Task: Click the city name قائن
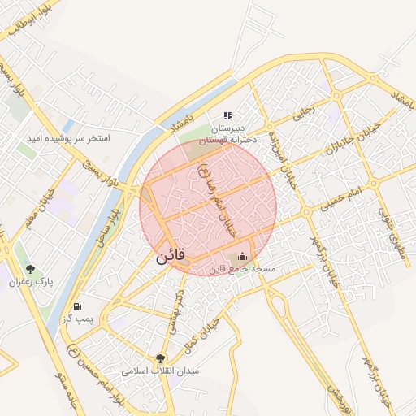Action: (171, 255)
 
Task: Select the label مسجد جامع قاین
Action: (243, 269)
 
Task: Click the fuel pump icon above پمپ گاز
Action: (78, 307)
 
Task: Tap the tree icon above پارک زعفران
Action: (31, 269)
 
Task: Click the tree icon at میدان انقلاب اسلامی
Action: (160, 358)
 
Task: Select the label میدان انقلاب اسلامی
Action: (160, 370)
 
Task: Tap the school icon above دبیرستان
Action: (227, 116)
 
